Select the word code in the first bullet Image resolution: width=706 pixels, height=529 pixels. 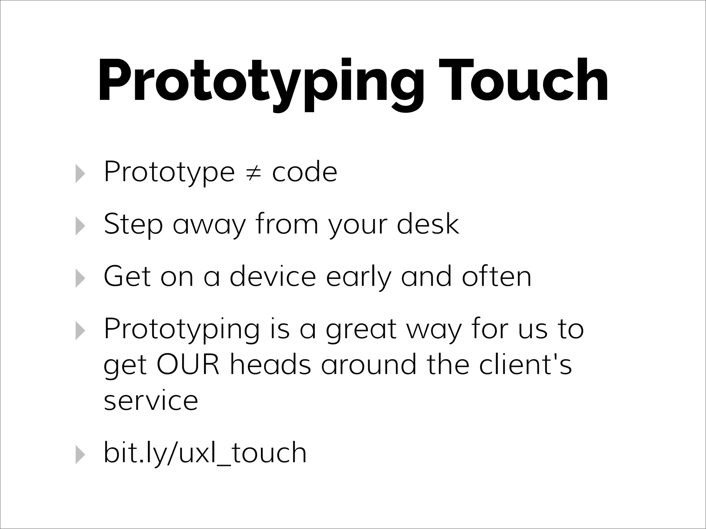304,172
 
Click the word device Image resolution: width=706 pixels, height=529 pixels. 273,276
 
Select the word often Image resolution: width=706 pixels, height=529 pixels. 496,276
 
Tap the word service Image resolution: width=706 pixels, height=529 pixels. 151,401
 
